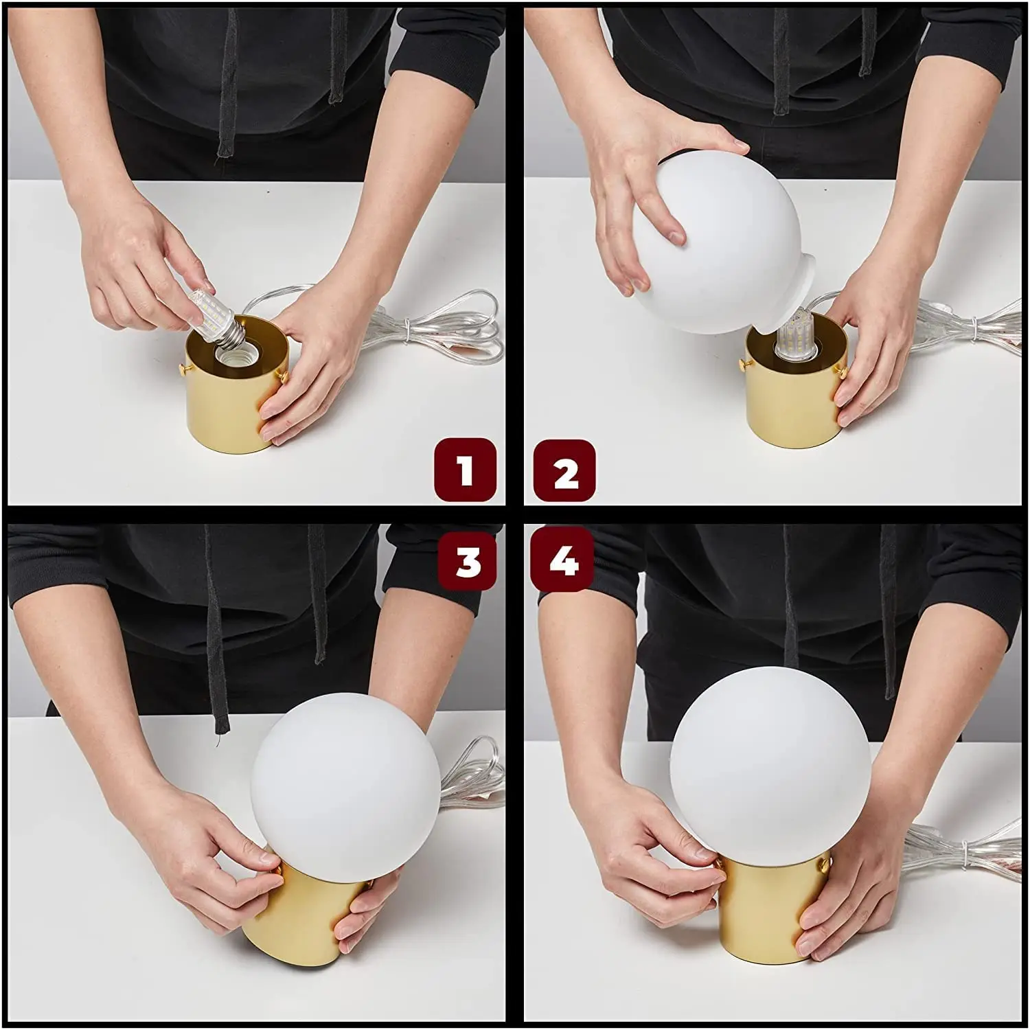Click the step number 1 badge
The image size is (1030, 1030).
[x=465, y=470]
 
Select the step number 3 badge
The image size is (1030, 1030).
[x=468, y=560]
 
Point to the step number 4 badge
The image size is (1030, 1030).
[x=563, y=560]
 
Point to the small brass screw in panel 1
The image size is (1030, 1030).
[x=184, y=370]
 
